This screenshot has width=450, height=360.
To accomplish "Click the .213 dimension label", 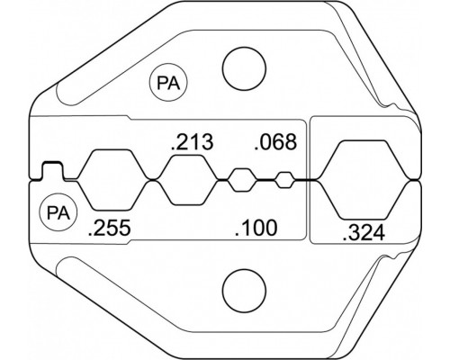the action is (x=192, y=142).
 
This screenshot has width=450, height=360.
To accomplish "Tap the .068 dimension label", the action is (x=275, y=141).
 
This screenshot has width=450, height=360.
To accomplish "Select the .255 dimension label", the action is (x=109, y=228).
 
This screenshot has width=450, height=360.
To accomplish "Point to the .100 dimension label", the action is (x=256, y=228).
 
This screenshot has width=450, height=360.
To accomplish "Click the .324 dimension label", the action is (x=364, y=233).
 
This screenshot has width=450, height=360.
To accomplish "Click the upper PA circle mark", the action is (x=168, y=82).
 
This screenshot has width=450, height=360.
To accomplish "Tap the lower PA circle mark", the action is (x=58, y=212).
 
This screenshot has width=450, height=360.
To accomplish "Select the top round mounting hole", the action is (x=244, y=68).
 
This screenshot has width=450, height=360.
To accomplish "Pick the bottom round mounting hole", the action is (x=244, y=291).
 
